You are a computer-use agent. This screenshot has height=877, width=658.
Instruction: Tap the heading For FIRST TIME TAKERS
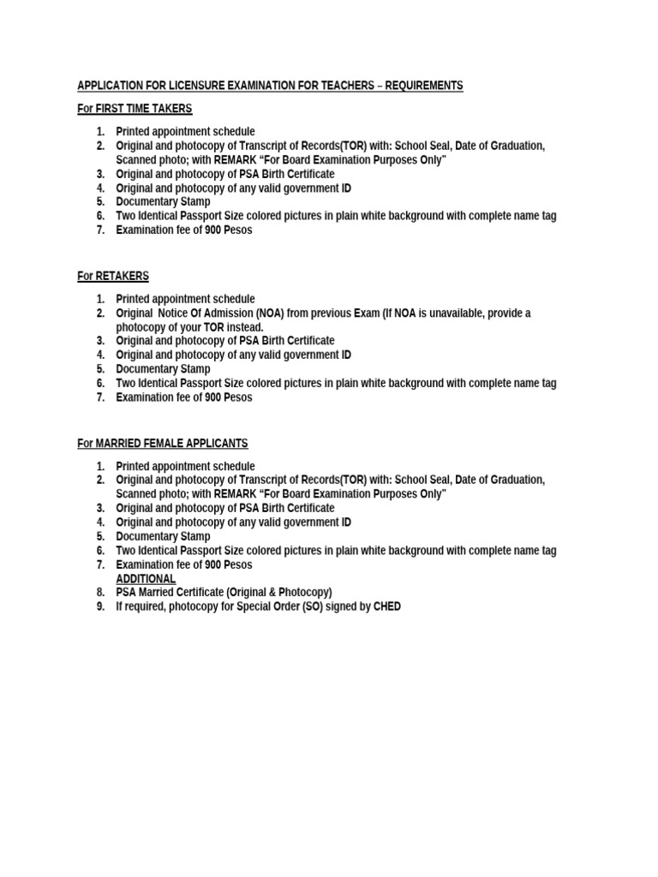point(135,109)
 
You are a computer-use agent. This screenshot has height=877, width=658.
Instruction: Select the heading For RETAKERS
point(112,276)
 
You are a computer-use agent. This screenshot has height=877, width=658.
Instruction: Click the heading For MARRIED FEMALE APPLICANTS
point(162,443)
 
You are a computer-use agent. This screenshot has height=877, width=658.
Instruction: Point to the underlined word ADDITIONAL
point(146,579)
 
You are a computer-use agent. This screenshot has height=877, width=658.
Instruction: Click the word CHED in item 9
point(387,606)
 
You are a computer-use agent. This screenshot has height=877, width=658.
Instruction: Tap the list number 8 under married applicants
point(100,593)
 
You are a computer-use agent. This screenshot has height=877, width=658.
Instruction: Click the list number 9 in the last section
point(100,606)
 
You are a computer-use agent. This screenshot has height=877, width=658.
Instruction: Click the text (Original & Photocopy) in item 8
point(278,593)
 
